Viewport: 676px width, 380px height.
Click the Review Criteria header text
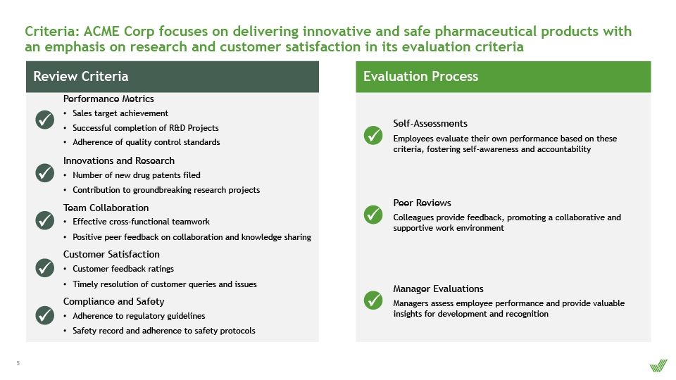point(80,76)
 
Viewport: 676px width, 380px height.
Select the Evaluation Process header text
point(420,76)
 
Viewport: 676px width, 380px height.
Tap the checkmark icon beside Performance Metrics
point(45,120)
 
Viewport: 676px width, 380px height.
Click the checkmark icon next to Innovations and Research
point(45,173)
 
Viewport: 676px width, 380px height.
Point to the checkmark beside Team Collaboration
point(45,220)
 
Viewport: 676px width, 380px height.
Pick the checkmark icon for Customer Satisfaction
point(45,267)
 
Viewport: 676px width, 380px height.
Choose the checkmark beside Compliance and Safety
point(45,315)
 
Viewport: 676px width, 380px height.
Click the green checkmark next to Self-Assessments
point(373,135)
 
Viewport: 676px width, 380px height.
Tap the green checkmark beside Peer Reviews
point(373,215)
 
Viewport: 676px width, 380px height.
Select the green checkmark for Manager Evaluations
point(373,300)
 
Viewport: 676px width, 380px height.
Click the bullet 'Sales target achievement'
point(120,113)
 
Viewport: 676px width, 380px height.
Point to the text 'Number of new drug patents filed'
point(136,175)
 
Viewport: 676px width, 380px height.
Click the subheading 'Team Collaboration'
point(106,208)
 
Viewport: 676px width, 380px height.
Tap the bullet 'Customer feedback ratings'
point(123,269)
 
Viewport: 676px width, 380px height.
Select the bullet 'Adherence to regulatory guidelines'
point(139,316)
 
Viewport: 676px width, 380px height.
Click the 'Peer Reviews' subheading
point(422,203)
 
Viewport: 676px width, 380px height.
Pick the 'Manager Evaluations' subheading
point(438,289)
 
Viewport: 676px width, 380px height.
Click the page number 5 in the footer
point(18,363)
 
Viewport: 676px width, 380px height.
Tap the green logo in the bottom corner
point(658,366)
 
